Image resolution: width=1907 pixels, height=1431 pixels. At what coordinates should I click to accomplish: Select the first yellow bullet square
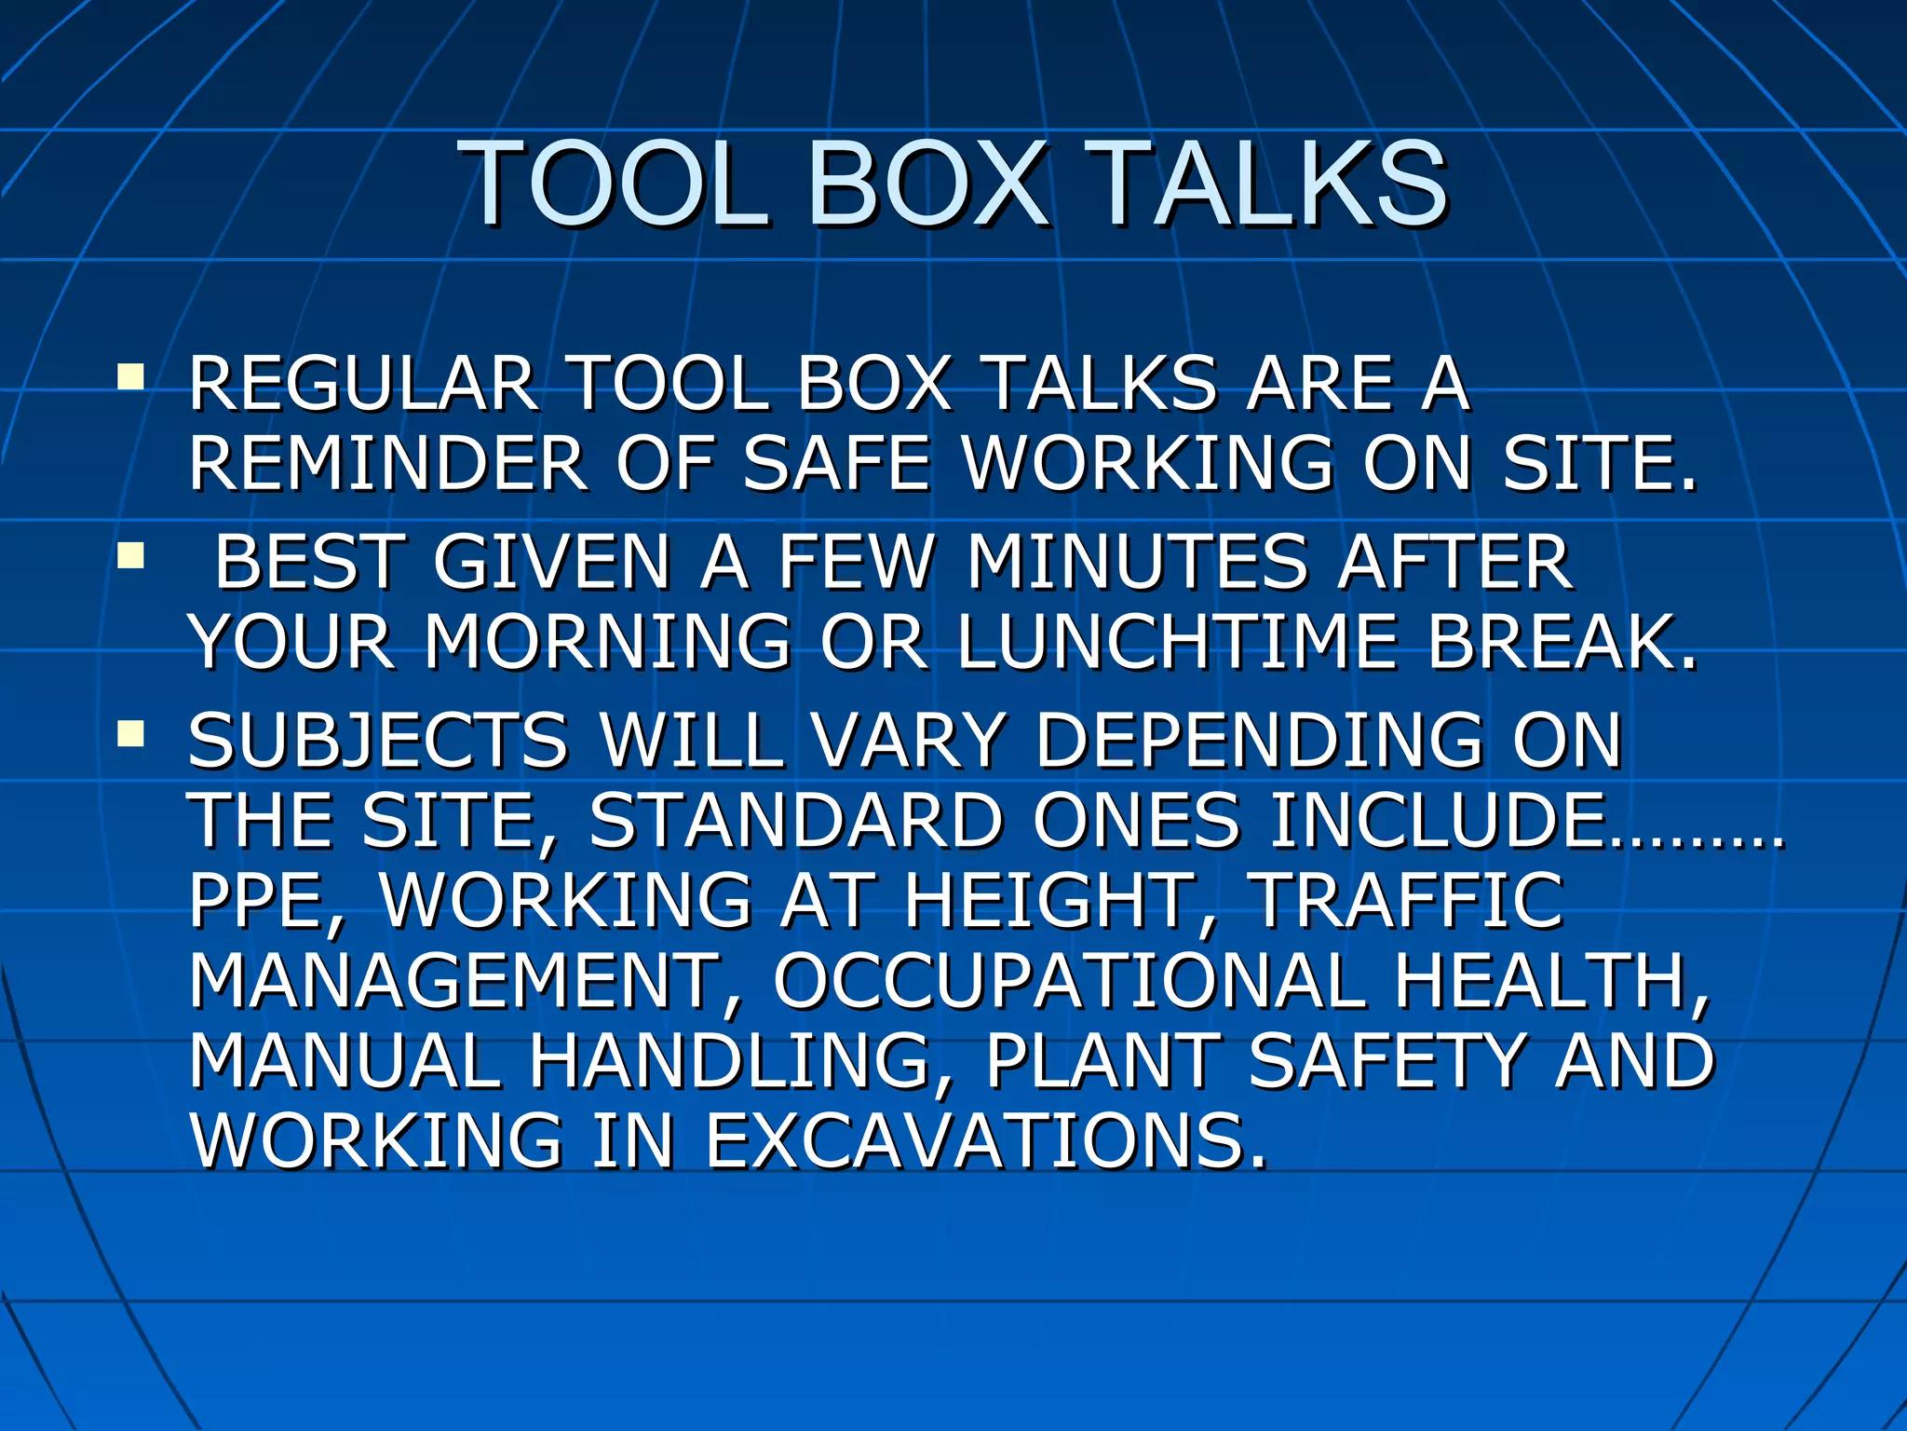click(131, 377)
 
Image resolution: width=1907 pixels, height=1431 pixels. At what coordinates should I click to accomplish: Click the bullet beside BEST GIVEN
click(131, 556)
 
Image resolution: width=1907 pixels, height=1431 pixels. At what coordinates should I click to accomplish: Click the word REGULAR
click(362, 384)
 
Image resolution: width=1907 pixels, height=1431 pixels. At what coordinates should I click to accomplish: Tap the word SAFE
click(837, 463)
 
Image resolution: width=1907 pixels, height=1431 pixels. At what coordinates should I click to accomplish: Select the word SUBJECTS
click(377, 741)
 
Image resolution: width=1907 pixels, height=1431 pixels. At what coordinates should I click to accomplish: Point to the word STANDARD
click(796, 821)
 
